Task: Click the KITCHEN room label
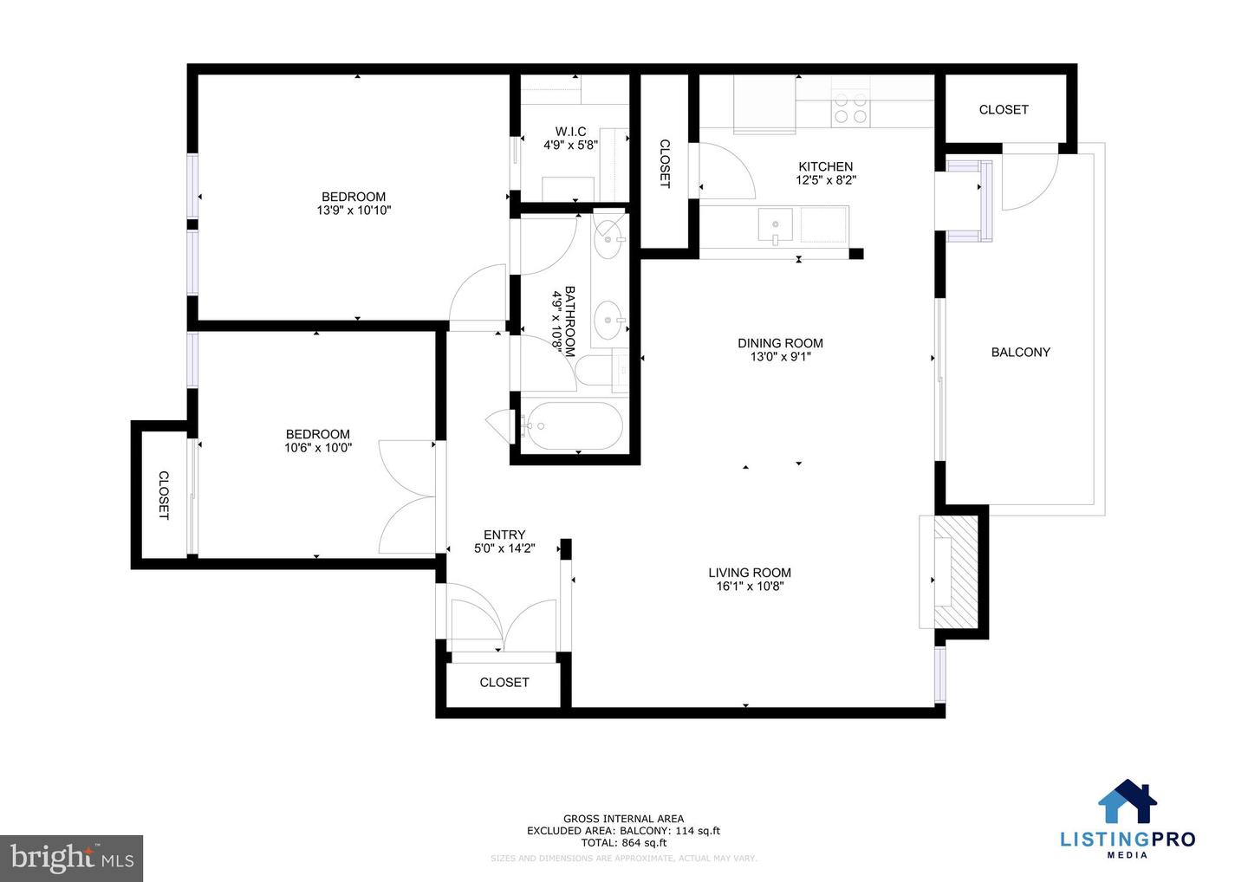click(825, 166)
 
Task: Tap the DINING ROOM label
click(780, 343)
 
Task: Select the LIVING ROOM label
click(750, 573)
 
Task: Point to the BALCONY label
click(1020, 352)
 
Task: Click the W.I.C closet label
click(570, 132)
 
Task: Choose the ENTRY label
click(504, 535)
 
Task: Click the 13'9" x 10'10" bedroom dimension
click(354, 210)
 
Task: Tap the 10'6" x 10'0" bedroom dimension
click(318, 448)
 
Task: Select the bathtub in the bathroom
click(571, 425)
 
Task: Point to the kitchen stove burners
click(849, 107)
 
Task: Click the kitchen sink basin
click(774, 224)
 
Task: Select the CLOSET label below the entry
click(504, 683)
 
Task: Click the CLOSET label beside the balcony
click(1004, 109)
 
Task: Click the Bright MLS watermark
click(72, 858)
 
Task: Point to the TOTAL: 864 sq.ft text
click(623, 842)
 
